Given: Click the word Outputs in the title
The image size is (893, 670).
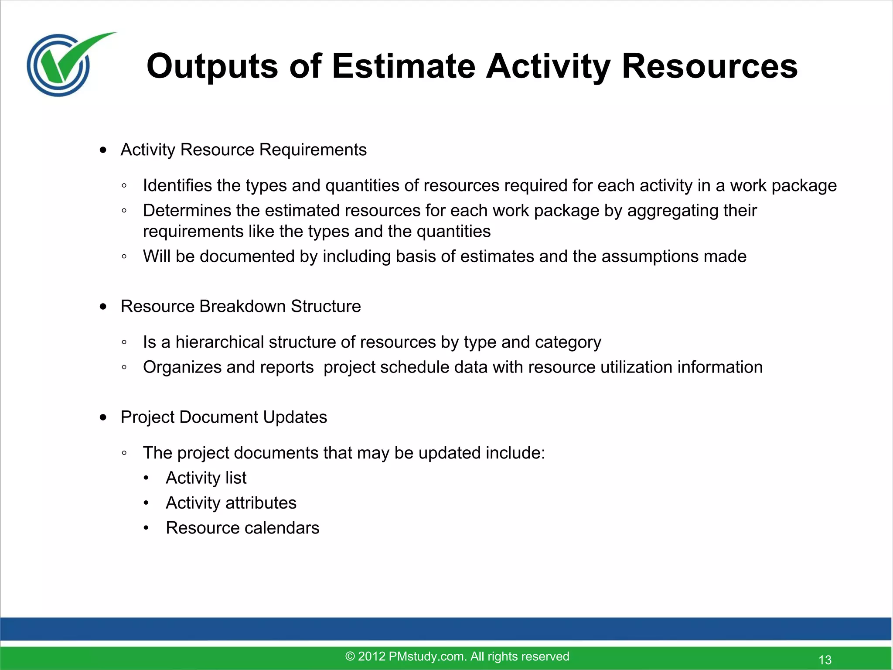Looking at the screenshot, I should point(212,66).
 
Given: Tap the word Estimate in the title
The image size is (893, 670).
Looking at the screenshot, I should point(403,66).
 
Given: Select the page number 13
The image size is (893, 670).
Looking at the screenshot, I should point(825,660).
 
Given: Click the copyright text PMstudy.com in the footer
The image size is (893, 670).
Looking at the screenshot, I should point(457,656).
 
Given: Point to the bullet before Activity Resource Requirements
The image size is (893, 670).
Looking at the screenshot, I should point(103,150).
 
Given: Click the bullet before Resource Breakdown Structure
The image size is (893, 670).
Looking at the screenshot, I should point(103,307).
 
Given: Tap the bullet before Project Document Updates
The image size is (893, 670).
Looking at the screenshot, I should point(103,417).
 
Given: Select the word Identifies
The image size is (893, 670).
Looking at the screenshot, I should point(177,186).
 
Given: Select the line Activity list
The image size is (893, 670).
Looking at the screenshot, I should point(206,478).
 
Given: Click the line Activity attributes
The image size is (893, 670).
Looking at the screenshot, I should point(231,503).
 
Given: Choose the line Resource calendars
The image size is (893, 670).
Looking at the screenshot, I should point(242,528).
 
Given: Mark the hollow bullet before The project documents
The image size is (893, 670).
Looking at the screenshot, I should point(124,454).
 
